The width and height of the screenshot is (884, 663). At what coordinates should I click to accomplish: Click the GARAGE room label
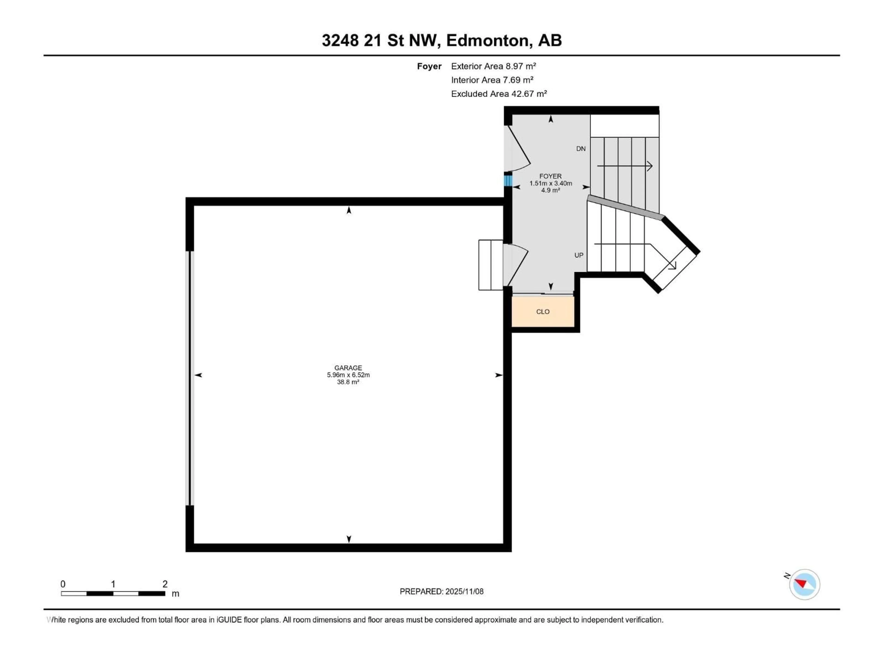[x=348, y=368]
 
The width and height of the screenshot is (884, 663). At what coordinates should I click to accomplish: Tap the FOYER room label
[x=550, y=176]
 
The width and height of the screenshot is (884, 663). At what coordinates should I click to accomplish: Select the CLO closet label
[x=543, y=312]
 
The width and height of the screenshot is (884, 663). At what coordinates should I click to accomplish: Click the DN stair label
[x=581, y=149]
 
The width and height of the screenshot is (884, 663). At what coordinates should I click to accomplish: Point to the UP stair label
[x=579, y=255]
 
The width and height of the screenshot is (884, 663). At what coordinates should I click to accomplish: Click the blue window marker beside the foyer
[x=508, y=181]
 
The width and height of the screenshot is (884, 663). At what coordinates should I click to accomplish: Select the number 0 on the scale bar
[x=63, y=584]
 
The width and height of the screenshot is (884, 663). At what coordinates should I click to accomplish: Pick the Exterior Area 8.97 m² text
[x=493, y=66]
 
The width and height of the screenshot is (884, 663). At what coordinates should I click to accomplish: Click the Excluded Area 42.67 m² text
[x=499, y=94]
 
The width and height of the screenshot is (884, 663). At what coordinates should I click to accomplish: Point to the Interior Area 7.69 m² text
[x=492, y=80]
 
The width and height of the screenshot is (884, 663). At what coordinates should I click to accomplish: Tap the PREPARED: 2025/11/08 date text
[x=442, y=591]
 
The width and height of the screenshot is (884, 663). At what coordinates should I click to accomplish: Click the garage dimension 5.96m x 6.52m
[x=348, y=375]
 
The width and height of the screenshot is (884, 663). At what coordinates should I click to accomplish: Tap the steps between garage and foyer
[x=490, y=265]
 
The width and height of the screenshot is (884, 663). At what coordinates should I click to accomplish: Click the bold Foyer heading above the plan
[x=429, y=66]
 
